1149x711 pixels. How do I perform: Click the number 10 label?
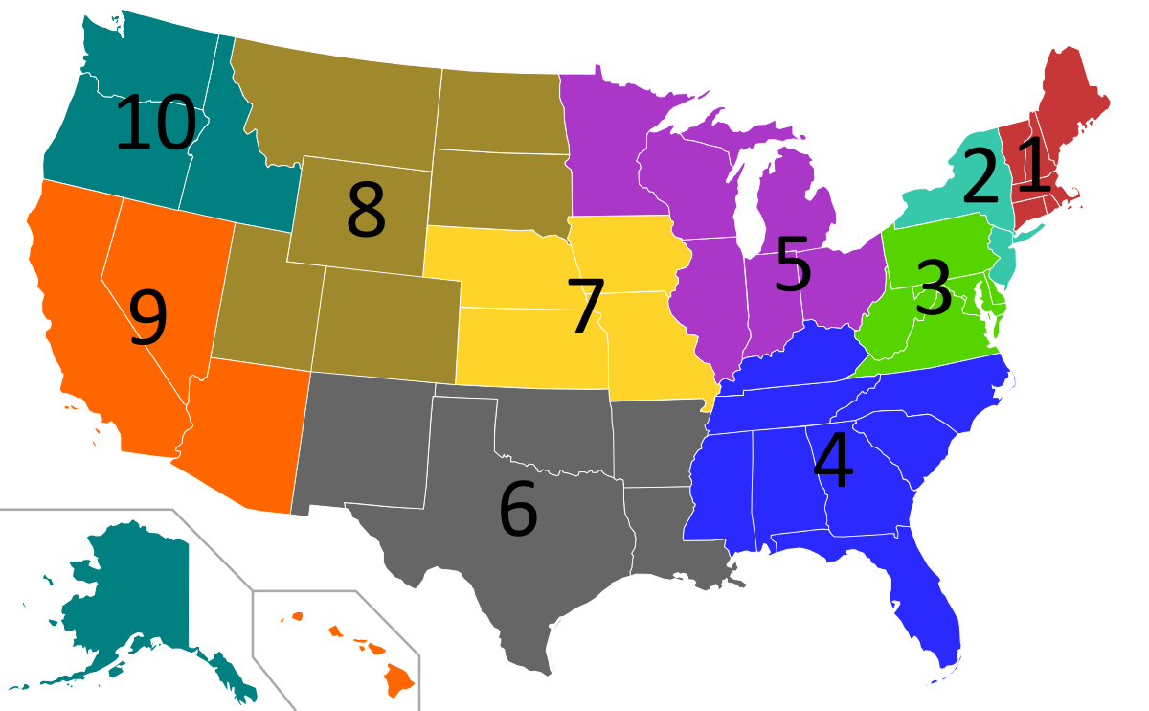tap(155, 125)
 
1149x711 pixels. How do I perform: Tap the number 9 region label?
tap(147, 318)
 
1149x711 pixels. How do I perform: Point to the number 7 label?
tap(585, 307)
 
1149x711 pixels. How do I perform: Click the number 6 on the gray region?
tap(518, 509)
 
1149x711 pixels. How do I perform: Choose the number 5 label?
tap(793, 265)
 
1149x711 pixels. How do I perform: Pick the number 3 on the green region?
tap(933, 287)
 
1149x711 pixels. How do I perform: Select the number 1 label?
tap(1035, 164)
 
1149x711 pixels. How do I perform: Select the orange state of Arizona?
tap(244, 431)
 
